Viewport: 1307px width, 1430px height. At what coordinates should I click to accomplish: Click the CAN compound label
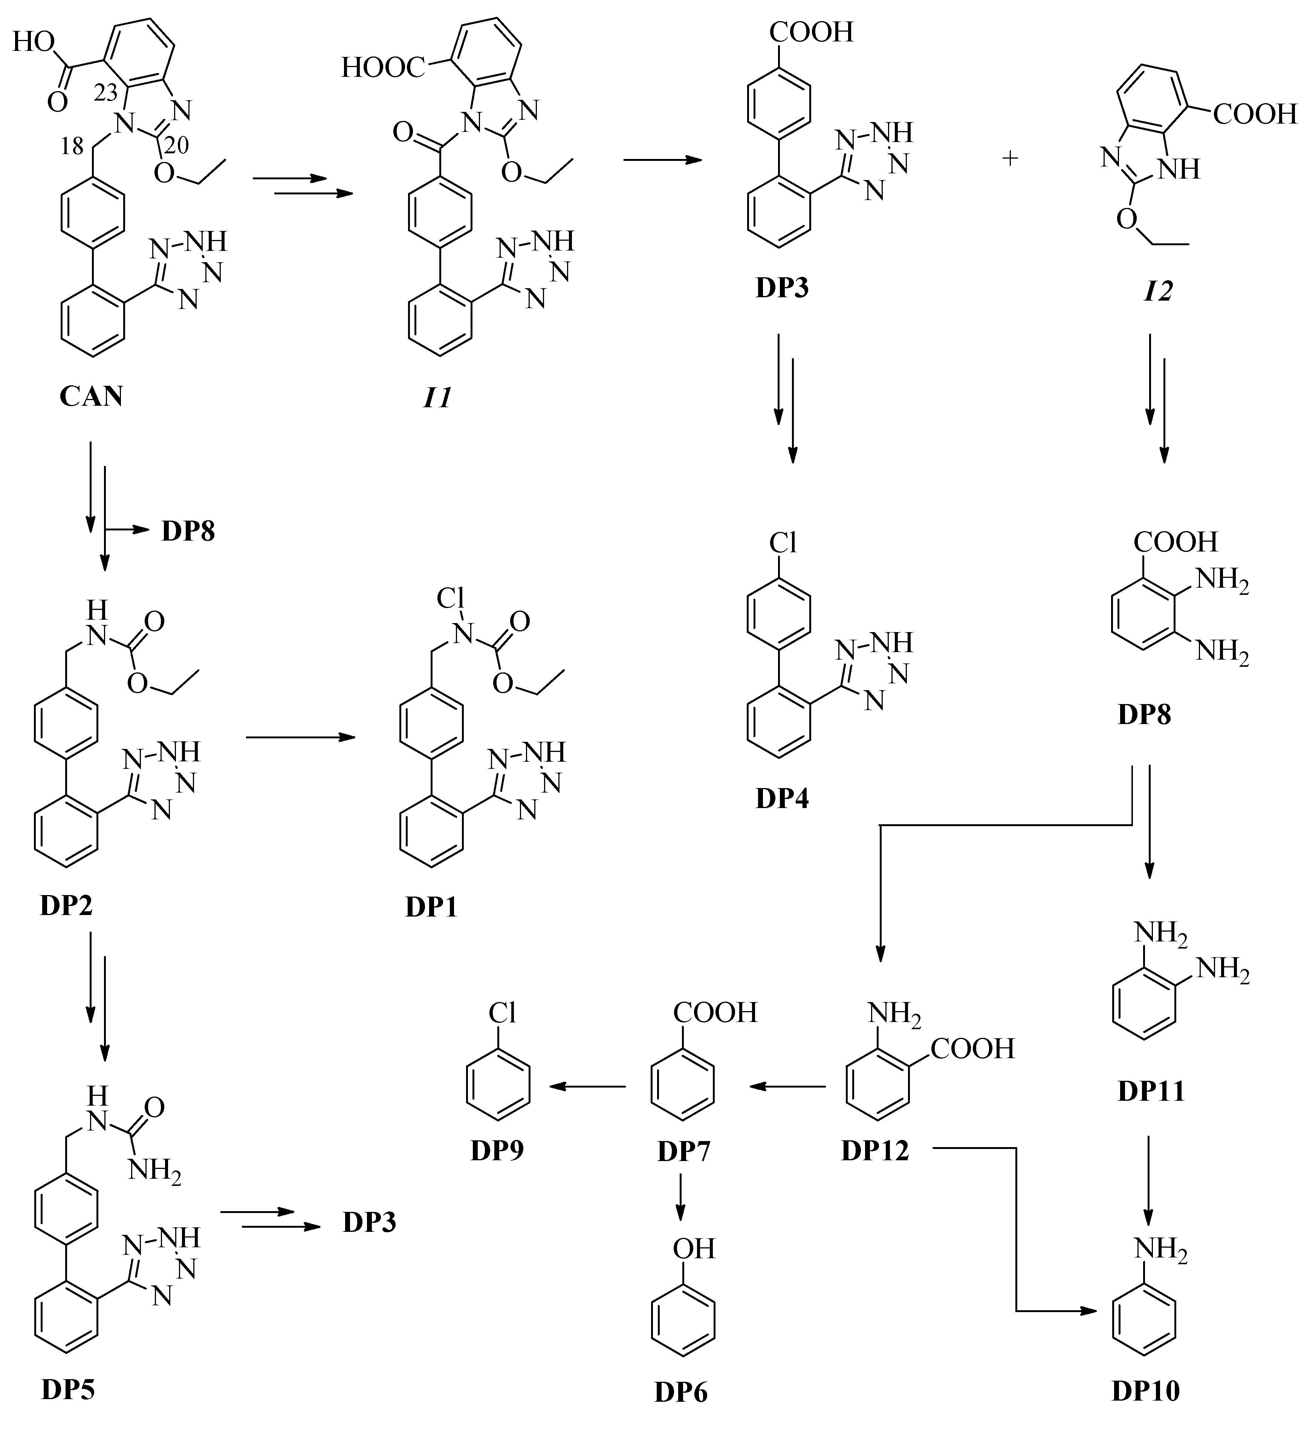[91, 396]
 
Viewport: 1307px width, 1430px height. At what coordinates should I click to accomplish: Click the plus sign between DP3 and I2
[1010, 158]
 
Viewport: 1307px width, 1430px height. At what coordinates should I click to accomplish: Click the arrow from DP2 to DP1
[300, 738]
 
